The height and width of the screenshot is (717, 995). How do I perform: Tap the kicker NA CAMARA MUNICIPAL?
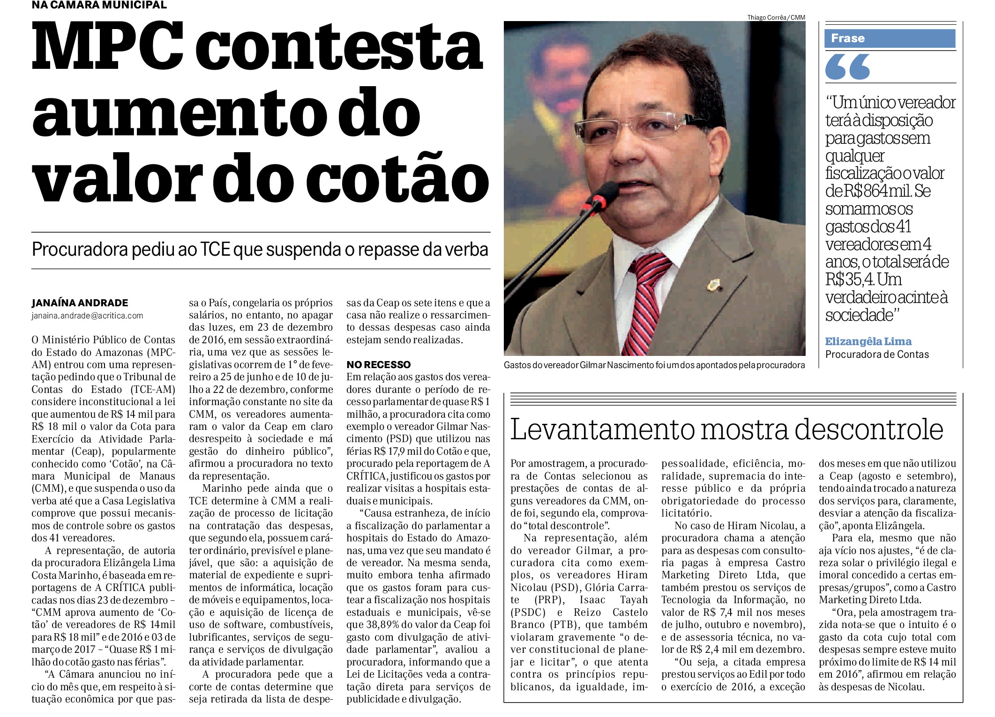99,5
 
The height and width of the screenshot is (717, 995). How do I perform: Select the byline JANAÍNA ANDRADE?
80,303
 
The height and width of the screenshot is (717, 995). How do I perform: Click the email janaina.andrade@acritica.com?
87,316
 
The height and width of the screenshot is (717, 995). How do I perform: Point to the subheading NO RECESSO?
378,364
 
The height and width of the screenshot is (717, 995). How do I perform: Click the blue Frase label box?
889,38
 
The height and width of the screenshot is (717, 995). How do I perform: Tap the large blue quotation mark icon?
847,67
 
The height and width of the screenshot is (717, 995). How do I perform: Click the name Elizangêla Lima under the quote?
868,341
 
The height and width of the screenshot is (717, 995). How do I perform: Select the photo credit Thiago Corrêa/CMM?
776,17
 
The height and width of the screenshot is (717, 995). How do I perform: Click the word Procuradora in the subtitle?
80,250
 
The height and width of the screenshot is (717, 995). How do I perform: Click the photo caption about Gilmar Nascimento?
654,365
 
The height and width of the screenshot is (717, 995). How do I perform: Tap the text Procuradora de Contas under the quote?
876,355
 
